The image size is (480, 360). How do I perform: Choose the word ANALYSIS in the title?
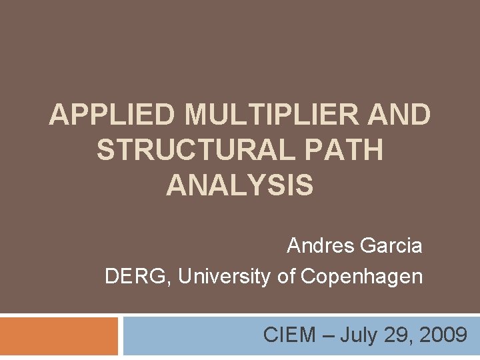point(239,185)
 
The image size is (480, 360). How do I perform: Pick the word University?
point(225,276)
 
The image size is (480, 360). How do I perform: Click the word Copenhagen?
point(362,276)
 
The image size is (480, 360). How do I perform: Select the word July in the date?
point(357,335)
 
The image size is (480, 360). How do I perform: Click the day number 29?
point(395,335)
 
